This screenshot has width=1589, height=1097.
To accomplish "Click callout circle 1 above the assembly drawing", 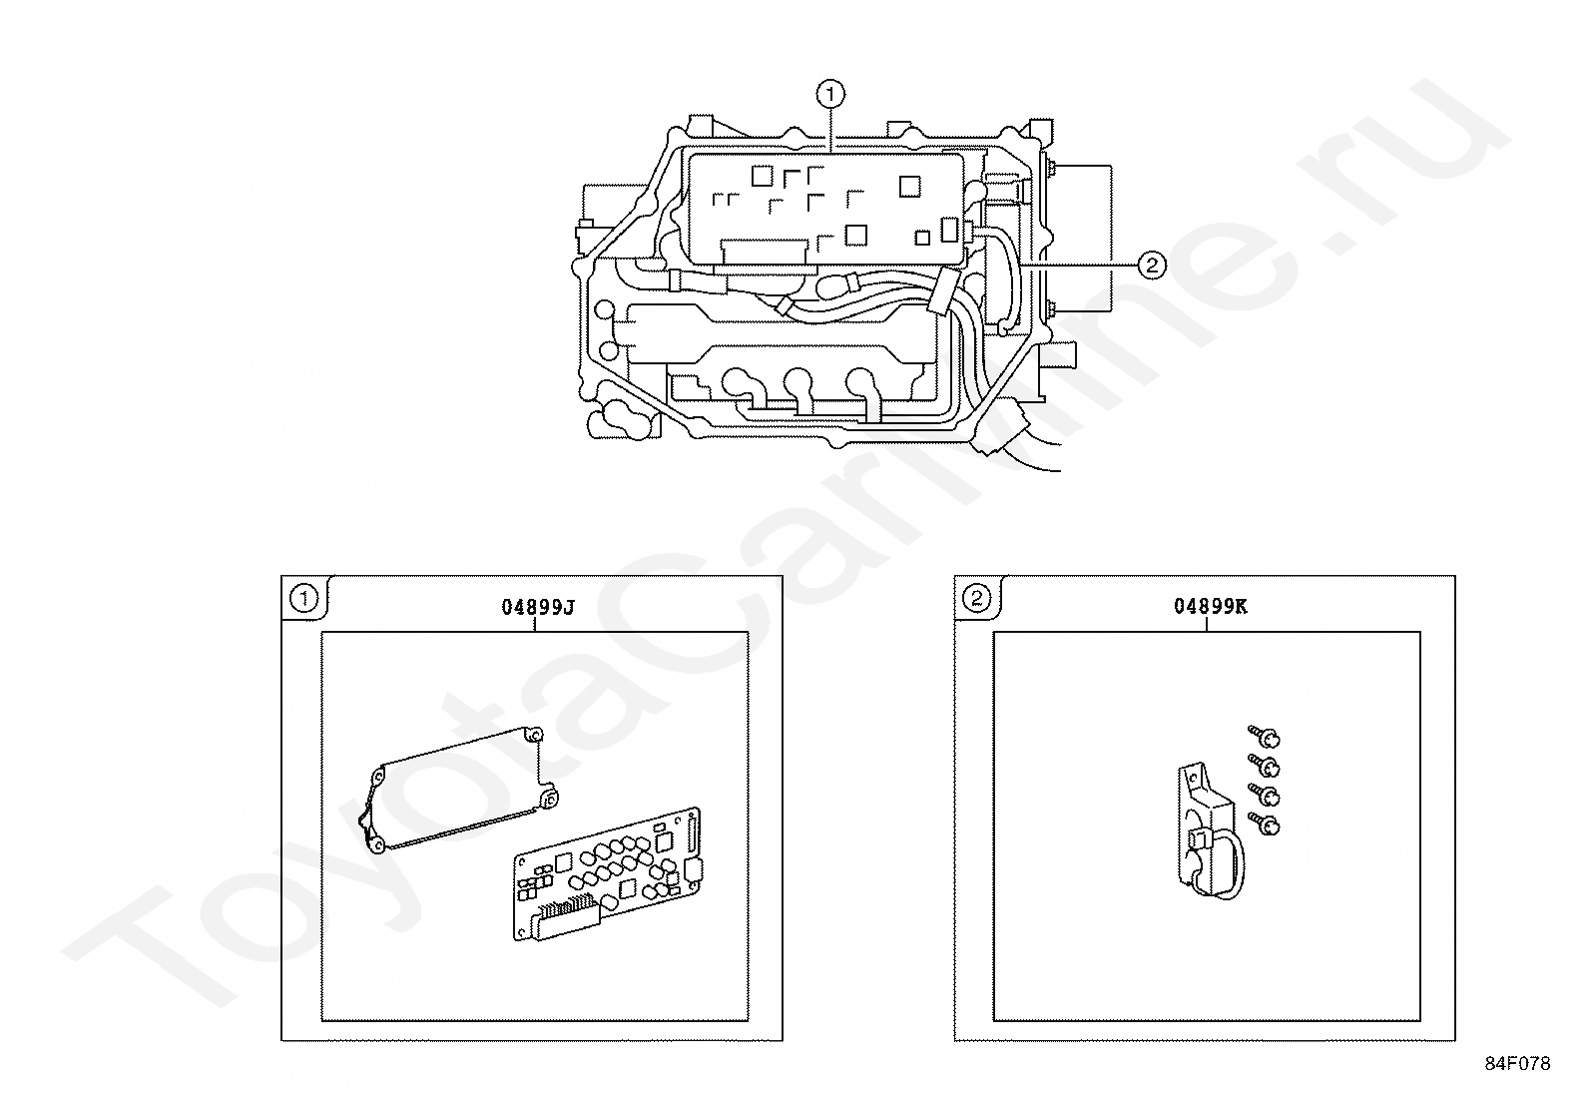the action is [x=830, y=94].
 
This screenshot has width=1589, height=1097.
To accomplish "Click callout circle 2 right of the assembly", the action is [x=1151, y=265].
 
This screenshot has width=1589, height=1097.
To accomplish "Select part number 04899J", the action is [x=538, y=608].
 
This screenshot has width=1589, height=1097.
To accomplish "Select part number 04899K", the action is [x=1210, y=607].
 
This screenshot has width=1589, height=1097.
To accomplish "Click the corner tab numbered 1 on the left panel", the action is [x=304, y=599].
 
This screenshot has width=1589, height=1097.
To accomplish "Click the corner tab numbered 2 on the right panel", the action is [x=977, y=599].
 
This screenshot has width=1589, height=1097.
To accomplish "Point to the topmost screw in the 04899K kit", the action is [x=1264, y=736].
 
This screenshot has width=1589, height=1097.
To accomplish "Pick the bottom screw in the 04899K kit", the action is [x=1264, y=823].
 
